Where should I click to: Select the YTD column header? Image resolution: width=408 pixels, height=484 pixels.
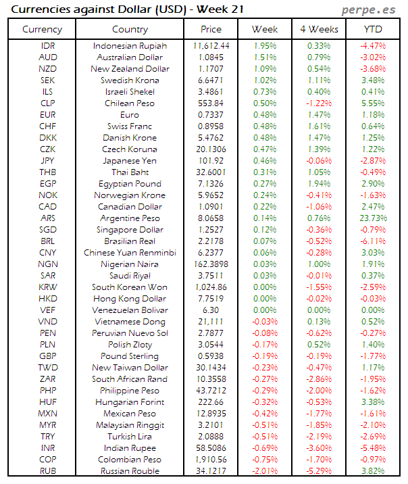tap(373, 29)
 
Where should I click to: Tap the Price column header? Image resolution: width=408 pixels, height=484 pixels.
tap(211, 29)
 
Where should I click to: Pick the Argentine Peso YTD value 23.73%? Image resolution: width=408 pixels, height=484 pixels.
tap(373, 218)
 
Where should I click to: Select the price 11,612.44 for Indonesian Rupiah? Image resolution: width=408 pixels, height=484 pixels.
tap(211, 45)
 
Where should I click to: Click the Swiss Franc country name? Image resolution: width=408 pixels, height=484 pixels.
tap(130, 126)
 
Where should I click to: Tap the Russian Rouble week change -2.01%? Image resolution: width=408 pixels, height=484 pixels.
tap(265, 470)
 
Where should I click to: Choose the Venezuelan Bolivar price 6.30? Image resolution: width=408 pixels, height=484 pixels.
tap(211, 310)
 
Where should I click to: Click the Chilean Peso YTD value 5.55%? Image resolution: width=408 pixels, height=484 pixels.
tap(373, 103)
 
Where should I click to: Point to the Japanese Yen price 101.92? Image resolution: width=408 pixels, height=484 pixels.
tap(211, 160)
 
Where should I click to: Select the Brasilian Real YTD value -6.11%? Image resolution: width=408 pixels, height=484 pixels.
tap(373, 241)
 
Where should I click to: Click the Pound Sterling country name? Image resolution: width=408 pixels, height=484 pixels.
tap(130, 356)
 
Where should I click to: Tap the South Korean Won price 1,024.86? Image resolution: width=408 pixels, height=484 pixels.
tap(211, 287)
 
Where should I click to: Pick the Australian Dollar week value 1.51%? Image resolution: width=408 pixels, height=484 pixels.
tap(265, 57)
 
